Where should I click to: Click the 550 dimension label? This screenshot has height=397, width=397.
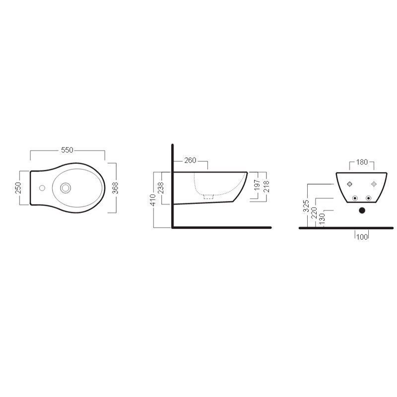[67, 150]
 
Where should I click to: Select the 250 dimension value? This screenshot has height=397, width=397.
[18, 188]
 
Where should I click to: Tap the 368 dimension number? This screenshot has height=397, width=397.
[115, 188]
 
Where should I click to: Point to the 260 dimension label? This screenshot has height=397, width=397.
[190, 160]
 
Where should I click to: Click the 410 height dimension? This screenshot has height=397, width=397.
[153, 200]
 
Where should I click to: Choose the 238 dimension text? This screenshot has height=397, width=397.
[161, 188]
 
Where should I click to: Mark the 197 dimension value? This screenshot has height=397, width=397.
[257, 185]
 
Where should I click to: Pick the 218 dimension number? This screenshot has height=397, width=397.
[266, 187]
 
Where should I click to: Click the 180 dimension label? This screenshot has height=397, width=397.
[362, 162]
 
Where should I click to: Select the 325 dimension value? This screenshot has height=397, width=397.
[306, 206]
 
